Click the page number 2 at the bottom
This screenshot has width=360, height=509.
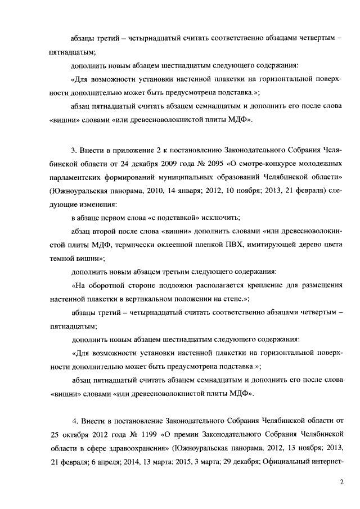point(341,483)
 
